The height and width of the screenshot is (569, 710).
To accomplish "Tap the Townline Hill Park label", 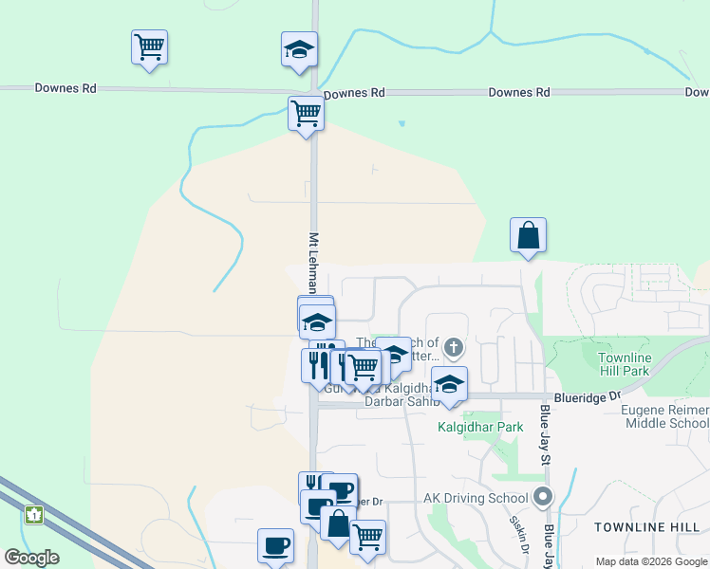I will (x=625, y=364).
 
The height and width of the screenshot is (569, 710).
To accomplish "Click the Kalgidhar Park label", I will (x=480, y=427).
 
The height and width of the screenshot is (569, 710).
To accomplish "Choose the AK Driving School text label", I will (x=475, y=498).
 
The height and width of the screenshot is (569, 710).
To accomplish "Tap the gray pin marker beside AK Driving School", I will (x=543, y=496).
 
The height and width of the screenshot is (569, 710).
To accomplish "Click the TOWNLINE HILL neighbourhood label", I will (x=646, y=526).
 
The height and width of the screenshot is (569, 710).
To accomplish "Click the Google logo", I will (x=31, y=557).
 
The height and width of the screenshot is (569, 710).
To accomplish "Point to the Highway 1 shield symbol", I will (x=34, y=515).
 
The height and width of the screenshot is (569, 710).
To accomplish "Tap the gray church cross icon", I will (x=454, y=347).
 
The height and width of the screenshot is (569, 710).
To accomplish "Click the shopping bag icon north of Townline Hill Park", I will (x=528, y=235).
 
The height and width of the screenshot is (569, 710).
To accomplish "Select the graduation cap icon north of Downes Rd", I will (x=299, y=49).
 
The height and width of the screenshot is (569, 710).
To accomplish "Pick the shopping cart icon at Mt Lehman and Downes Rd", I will (x=306, y=113).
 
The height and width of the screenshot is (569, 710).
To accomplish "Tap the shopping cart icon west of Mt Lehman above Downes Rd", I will (x=149, y=46).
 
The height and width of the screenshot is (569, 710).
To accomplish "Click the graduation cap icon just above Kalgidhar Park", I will (x=449, y=384).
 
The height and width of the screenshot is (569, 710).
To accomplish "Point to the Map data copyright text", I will (x=650, y=561).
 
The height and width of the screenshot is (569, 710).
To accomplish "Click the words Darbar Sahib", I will (x=402, y=401).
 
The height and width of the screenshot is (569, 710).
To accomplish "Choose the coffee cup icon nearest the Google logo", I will (x=275, y=545).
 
